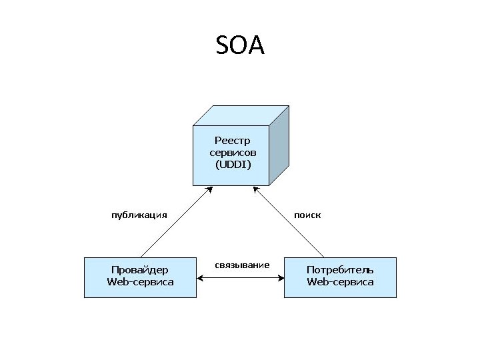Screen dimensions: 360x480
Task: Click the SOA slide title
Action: coord(241,45)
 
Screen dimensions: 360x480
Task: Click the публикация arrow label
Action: coord(139,215)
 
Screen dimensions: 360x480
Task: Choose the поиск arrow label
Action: coord(308,215)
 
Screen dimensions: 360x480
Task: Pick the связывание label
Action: coord(242,265)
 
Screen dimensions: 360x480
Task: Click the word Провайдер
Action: coord(140,270)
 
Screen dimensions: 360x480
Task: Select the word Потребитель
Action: coord(340,270)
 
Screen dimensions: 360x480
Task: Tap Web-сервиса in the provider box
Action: coord(140,282)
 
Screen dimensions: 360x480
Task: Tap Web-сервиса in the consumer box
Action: coord(340,282)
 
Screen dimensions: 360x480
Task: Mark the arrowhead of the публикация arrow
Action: coord(209,190)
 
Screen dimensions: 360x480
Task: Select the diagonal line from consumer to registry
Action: coord(290,223)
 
